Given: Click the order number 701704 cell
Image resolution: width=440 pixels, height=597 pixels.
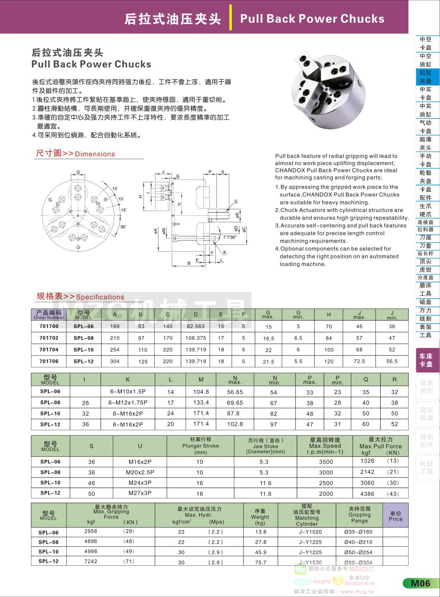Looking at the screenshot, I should click(x=49, y=350).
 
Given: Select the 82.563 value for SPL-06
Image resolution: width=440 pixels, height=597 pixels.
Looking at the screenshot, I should click(x=196, y=326).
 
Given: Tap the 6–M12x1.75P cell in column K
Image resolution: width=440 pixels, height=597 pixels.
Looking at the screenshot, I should click(x=128, y=403).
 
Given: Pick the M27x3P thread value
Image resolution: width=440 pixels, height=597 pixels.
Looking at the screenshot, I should click(x=140, y=493).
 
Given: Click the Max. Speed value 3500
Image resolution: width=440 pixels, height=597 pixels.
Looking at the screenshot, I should click(x=326, y=462).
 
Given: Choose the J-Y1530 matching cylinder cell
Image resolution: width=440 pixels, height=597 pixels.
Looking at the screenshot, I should click(x=310, y=562).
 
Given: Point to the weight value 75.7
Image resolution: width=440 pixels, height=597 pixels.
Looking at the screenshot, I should click(x=260, y=562).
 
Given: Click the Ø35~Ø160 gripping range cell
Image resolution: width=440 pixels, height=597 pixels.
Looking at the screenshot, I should click(x=358, y=532).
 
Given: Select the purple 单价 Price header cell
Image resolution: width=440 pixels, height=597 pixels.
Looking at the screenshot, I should click(x=395, y=516).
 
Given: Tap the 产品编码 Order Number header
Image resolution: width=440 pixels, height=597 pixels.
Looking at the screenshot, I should click(x=49, y=315).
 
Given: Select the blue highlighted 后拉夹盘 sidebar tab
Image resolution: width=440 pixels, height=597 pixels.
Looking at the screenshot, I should click(x=425, y=77).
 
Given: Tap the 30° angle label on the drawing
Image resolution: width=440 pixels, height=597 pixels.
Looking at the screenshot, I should click(x=123, y=227).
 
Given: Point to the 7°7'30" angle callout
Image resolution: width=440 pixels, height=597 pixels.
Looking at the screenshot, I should click(x=229, y=237).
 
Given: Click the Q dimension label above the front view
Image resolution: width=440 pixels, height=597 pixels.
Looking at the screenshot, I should click(x=78, y=173).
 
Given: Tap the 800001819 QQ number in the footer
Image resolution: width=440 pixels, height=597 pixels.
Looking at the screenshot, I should click(x=359, y=584).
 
